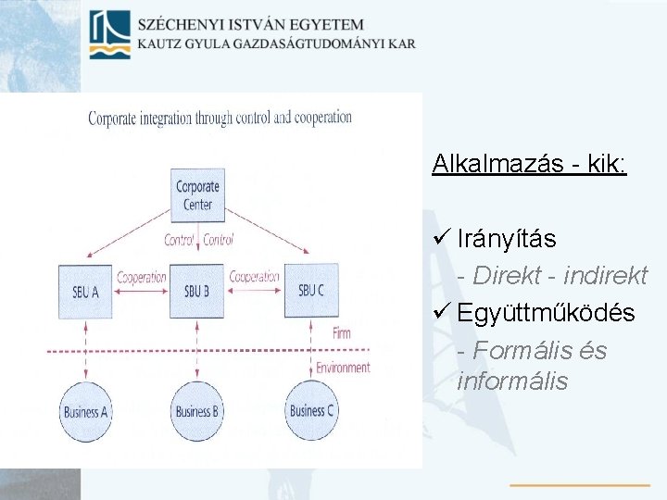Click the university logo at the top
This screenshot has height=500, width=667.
(108, 34)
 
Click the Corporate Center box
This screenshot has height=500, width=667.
(196, 195)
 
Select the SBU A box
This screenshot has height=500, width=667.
(85, 290)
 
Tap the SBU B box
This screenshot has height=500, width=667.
(196, 290)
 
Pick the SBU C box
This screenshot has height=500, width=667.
(311, 290)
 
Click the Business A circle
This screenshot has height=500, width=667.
(85, 410)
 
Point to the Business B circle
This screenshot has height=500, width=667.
(196, 410)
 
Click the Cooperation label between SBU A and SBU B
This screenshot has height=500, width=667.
(141, 277)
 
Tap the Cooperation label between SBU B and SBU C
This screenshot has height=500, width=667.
(254, 277)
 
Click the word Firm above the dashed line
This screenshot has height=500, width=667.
(341, 332)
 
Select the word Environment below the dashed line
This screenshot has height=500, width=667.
(343, 368)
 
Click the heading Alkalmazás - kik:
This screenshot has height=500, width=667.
(529, 164)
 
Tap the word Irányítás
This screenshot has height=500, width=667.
(506, 238)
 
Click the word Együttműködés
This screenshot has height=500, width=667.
(546, 313)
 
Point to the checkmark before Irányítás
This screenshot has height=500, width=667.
(441, 238)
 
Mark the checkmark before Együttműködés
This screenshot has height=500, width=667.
(441, 313)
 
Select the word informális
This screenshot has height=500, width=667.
(512, 381)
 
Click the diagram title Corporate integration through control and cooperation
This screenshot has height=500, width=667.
(220, 118)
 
